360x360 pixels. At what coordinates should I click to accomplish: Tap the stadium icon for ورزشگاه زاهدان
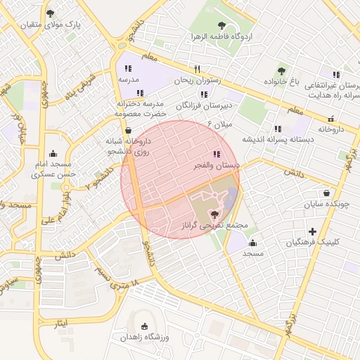click(145, 327)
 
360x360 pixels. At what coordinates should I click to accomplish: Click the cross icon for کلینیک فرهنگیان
click(313, 231)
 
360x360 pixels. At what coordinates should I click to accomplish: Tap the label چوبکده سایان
click(326, 205)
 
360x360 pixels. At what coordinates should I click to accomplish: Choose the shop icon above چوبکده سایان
click(327, 193)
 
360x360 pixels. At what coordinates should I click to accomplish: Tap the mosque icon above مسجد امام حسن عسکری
click(53, 154)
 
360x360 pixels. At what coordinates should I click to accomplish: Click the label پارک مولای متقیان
click(50, 25)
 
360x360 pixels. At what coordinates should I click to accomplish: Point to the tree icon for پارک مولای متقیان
click(49, 13)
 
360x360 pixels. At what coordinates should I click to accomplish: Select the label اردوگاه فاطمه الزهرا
click(221, 36)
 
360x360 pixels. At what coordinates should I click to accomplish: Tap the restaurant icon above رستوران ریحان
click(198, 70)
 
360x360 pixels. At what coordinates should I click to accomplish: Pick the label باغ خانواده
click(281, 82)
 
